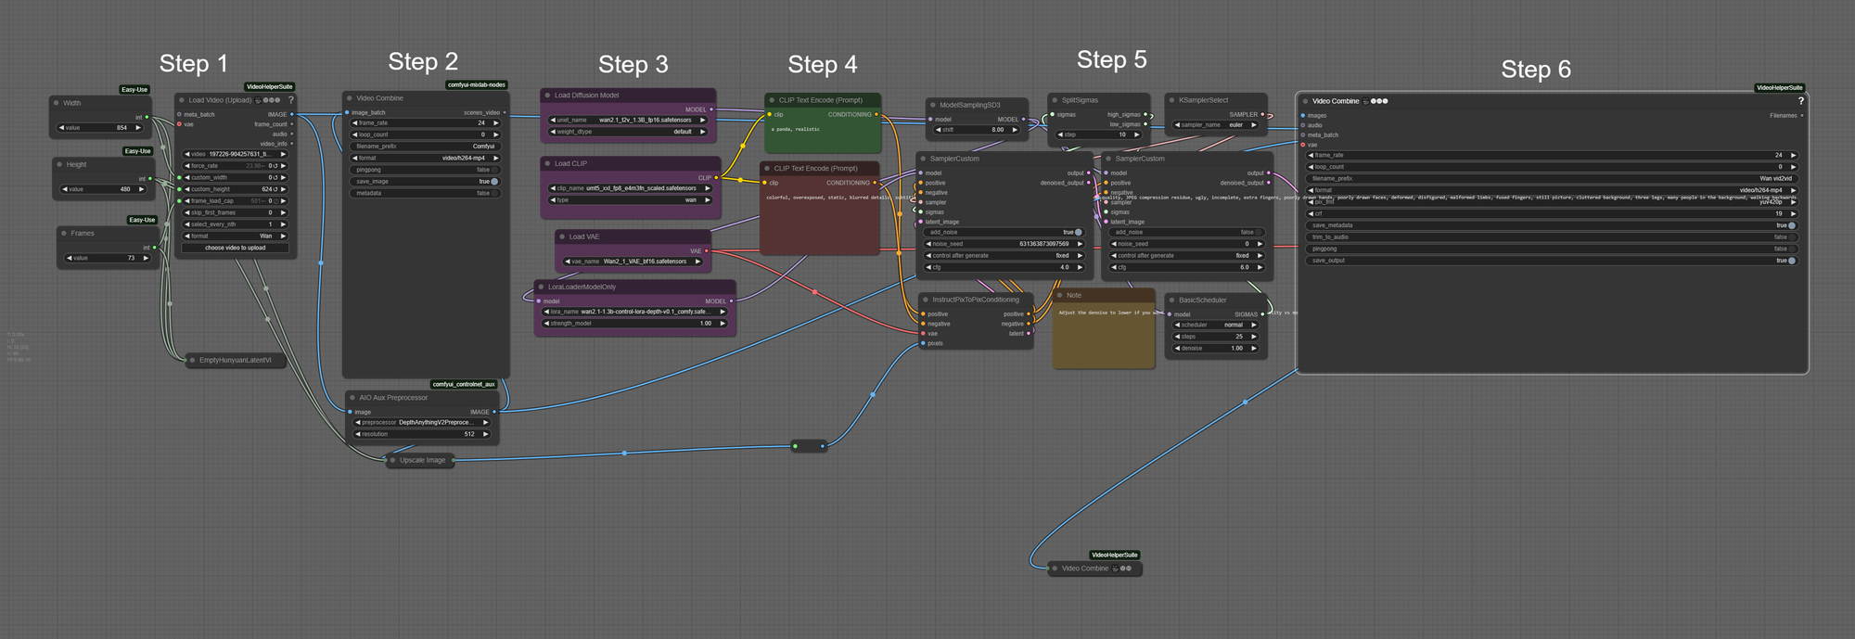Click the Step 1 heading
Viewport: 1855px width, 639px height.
click(193, 64)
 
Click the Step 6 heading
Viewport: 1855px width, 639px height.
click(1535, 70)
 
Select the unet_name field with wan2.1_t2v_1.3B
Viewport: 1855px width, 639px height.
click(628, 120)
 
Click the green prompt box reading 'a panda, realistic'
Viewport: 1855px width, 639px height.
click(822, 135)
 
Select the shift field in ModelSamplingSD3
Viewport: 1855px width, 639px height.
click(976, 130)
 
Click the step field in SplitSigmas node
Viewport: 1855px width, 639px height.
click(1098, 134)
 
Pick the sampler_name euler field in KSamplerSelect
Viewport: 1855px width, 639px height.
click(1216, 125)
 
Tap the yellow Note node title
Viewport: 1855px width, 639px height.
click(1073, 295)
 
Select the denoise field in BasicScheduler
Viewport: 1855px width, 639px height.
click(1214, 349)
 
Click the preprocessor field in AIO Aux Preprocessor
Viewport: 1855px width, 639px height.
click(422, 422)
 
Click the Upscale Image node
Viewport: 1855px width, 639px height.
click(422, 460)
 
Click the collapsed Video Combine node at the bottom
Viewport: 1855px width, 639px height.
click(1084, 569)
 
